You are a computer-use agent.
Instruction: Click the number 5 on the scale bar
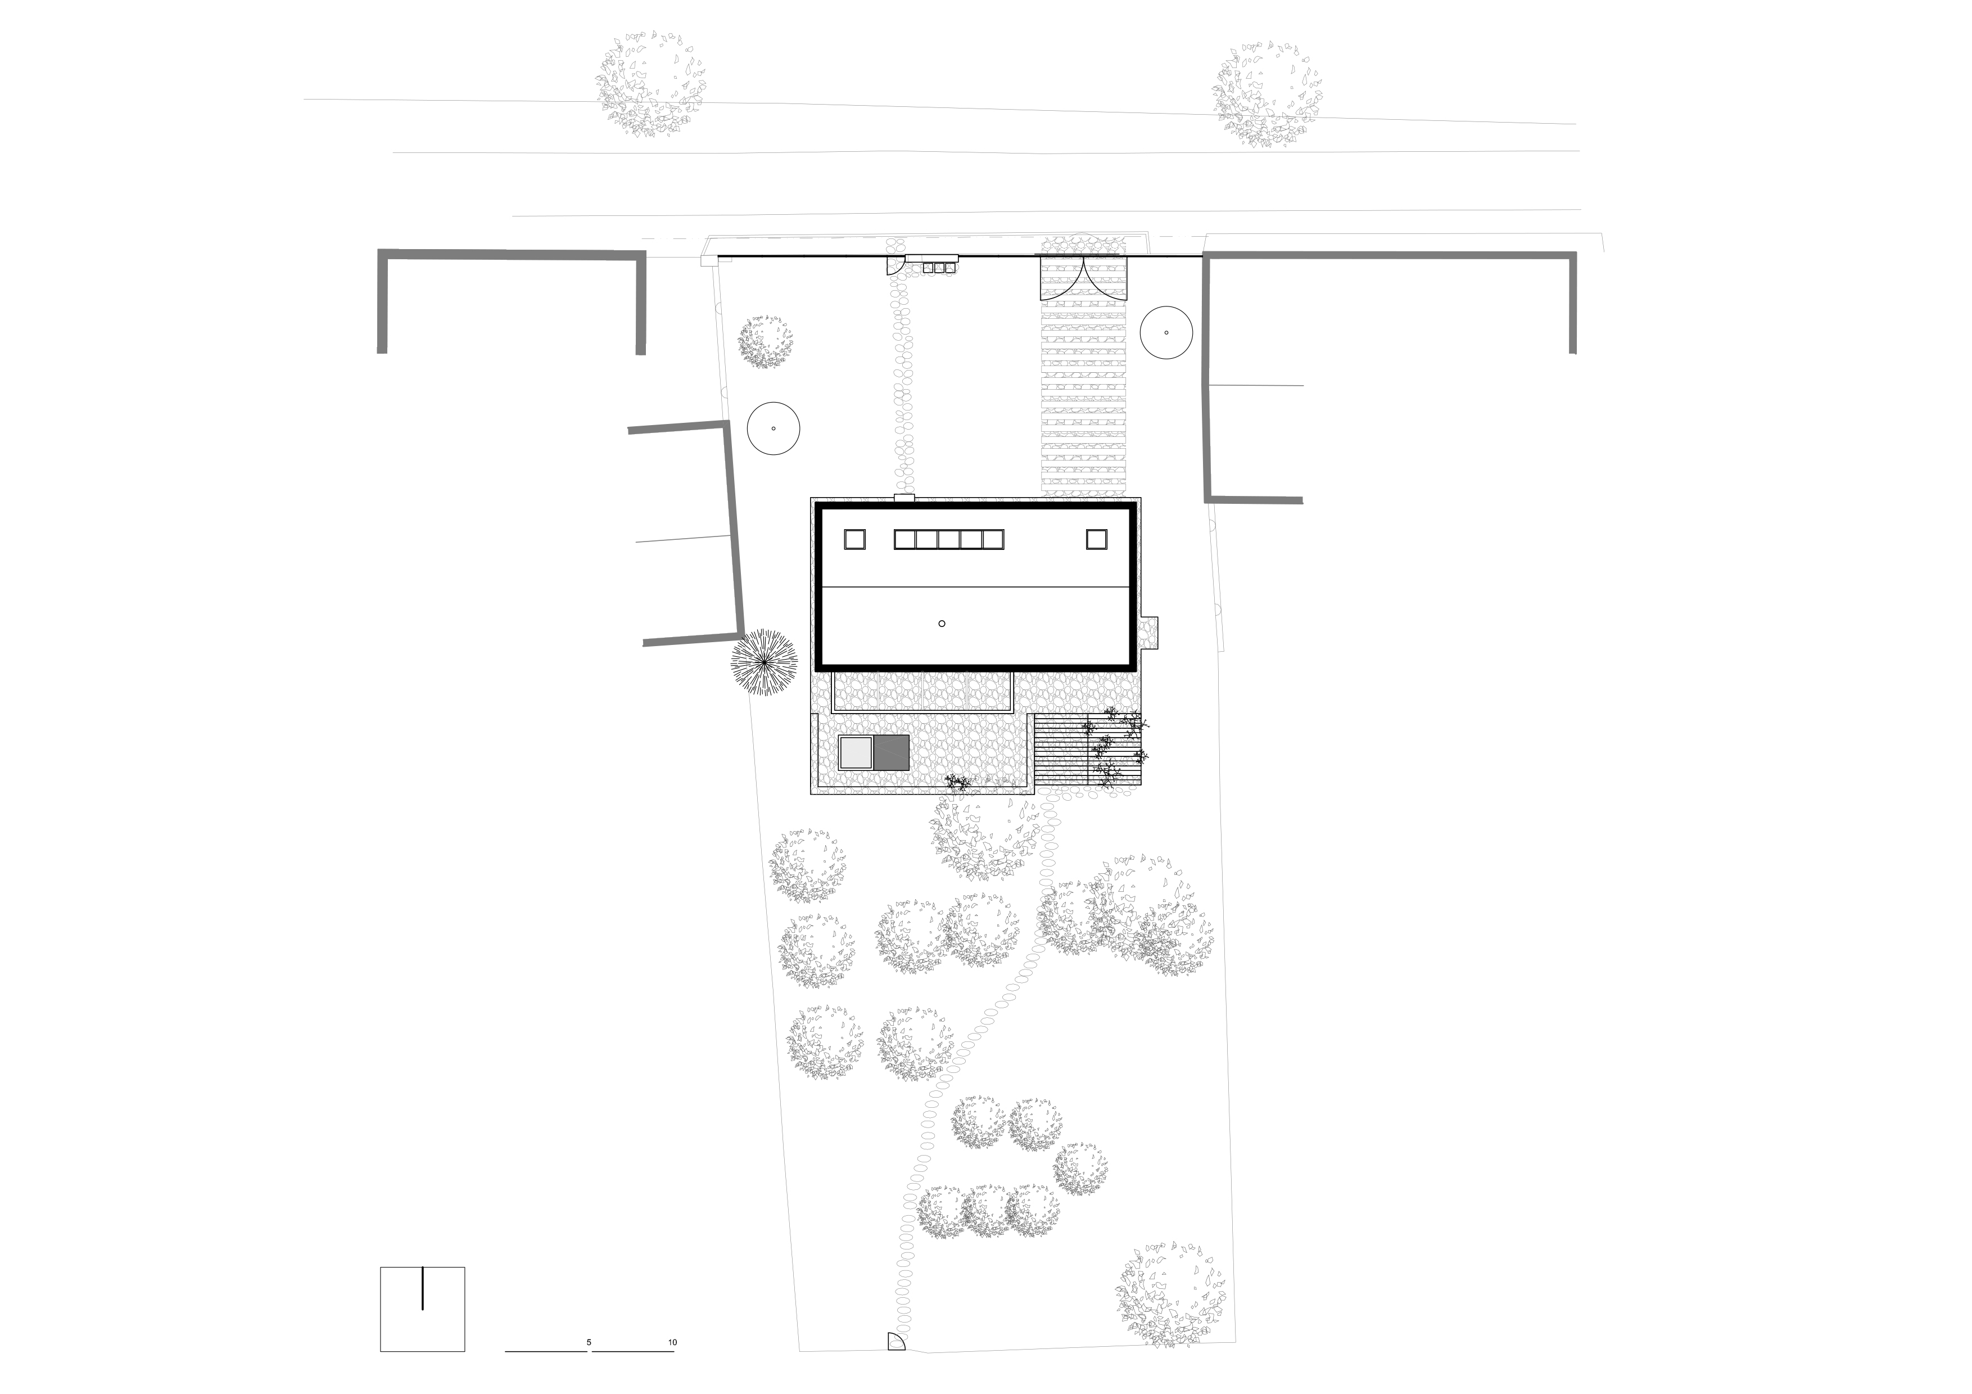[589, 1342]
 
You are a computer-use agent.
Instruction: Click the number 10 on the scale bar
[672, 1342]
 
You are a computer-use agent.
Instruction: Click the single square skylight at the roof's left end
[854, 539]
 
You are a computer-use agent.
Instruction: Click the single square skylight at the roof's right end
[1096, 539]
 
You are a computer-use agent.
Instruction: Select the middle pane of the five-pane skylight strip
[948, 539]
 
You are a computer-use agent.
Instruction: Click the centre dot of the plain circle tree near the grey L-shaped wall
[774, 428]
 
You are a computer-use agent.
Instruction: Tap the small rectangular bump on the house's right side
[1148, 634]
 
